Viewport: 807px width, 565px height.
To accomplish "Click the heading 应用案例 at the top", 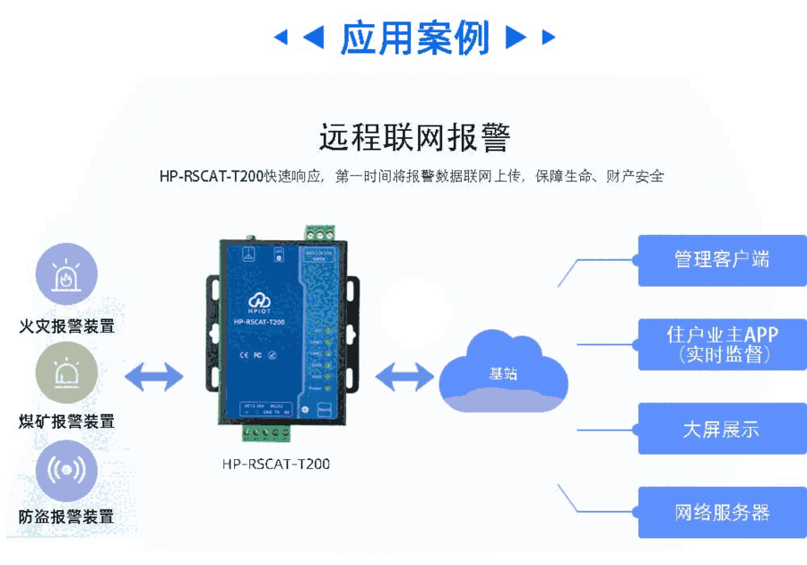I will pyautogui.click(x=414, y=38).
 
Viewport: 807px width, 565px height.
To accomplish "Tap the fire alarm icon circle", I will pyautogui.click(x=66, y=274).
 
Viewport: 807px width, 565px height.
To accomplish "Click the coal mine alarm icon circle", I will pyautogui.click(x=66, y=371).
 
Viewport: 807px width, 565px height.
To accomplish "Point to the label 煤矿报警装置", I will pyautogui.click(x=66, y=422).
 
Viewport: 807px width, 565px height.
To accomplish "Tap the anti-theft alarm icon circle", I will pyautogui.click(x=66, y=470).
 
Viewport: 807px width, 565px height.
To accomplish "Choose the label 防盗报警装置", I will pyautogui.click(x=66, y=517).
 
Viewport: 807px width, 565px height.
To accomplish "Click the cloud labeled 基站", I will pyautogui.click(x=503, y=371).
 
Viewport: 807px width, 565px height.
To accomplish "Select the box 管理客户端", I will pyautogui.click(x=722, y=260).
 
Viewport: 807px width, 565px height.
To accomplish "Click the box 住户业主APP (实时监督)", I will pyautogui.click(x=722, y=344).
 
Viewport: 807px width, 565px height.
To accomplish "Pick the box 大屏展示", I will pyautogui.click(x=722, y=429).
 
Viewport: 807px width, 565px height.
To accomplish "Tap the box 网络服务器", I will pyautogui.click(x=722, y=513).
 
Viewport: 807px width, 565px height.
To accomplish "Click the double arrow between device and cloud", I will pyautogui.click(x=403, y=377).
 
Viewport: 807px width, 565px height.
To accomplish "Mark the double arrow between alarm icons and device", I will pyautogui.click(x=153, y=377).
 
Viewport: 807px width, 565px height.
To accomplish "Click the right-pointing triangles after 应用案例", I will pyautogui.click(x=530, y=38).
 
